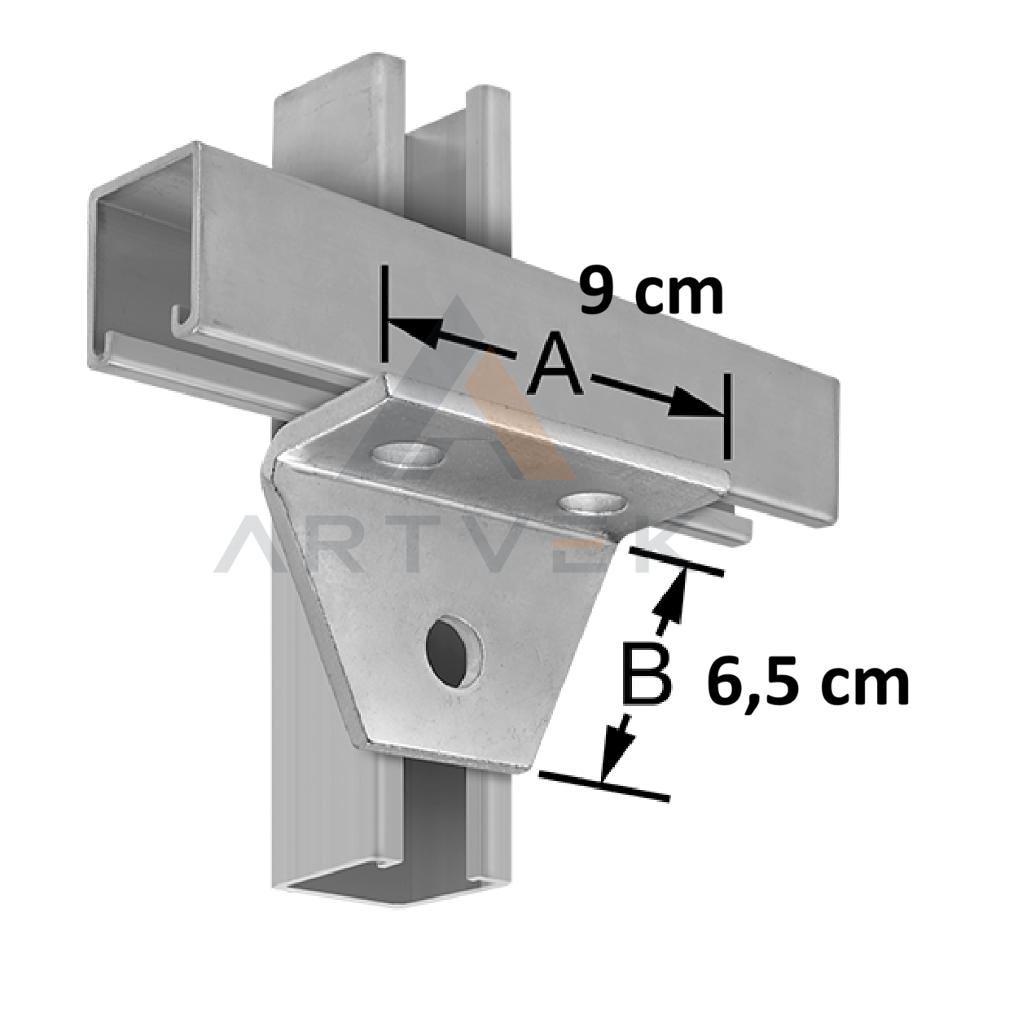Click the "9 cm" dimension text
click(x=651, y=291)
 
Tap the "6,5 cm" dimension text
click(x=808, y=685)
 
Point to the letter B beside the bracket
click(x=647, y=673)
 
